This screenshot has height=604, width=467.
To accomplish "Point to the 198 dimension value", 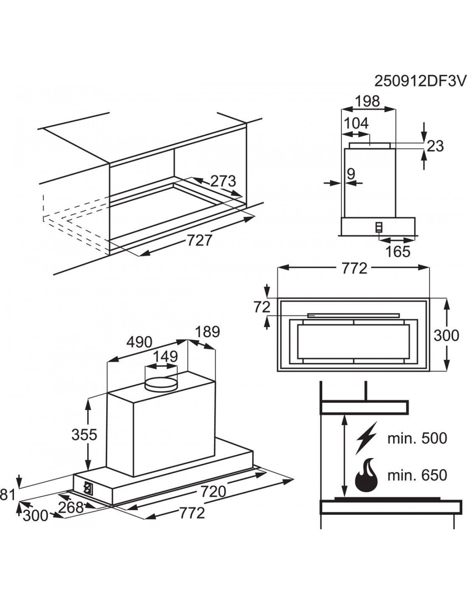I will [x=368, y=101].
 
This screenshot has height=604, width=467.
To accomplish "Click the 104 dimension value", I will [x=356, y=123].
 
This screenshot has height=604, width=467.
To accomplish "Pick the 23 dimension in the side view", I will [x=435, y=146].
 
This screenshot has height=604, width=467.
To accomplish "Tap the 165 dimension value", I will [x=398, y=251].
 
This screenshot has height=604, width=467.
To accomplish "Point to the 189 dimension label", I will [x=208, y=332].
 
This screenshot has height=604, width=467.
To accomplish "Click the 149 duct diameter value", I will [x=165, y=356].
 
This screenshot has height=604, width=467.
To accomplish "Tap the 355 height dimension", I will [x=84, y=435].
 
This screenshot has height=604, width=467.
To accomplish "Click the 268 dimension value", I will [x=71, y=508].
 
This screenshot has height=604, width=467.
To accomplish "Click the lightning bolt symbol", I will [x=367, y=438].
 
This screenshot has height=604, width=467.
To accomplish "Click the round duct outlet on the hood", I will [x=162, y=385].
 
